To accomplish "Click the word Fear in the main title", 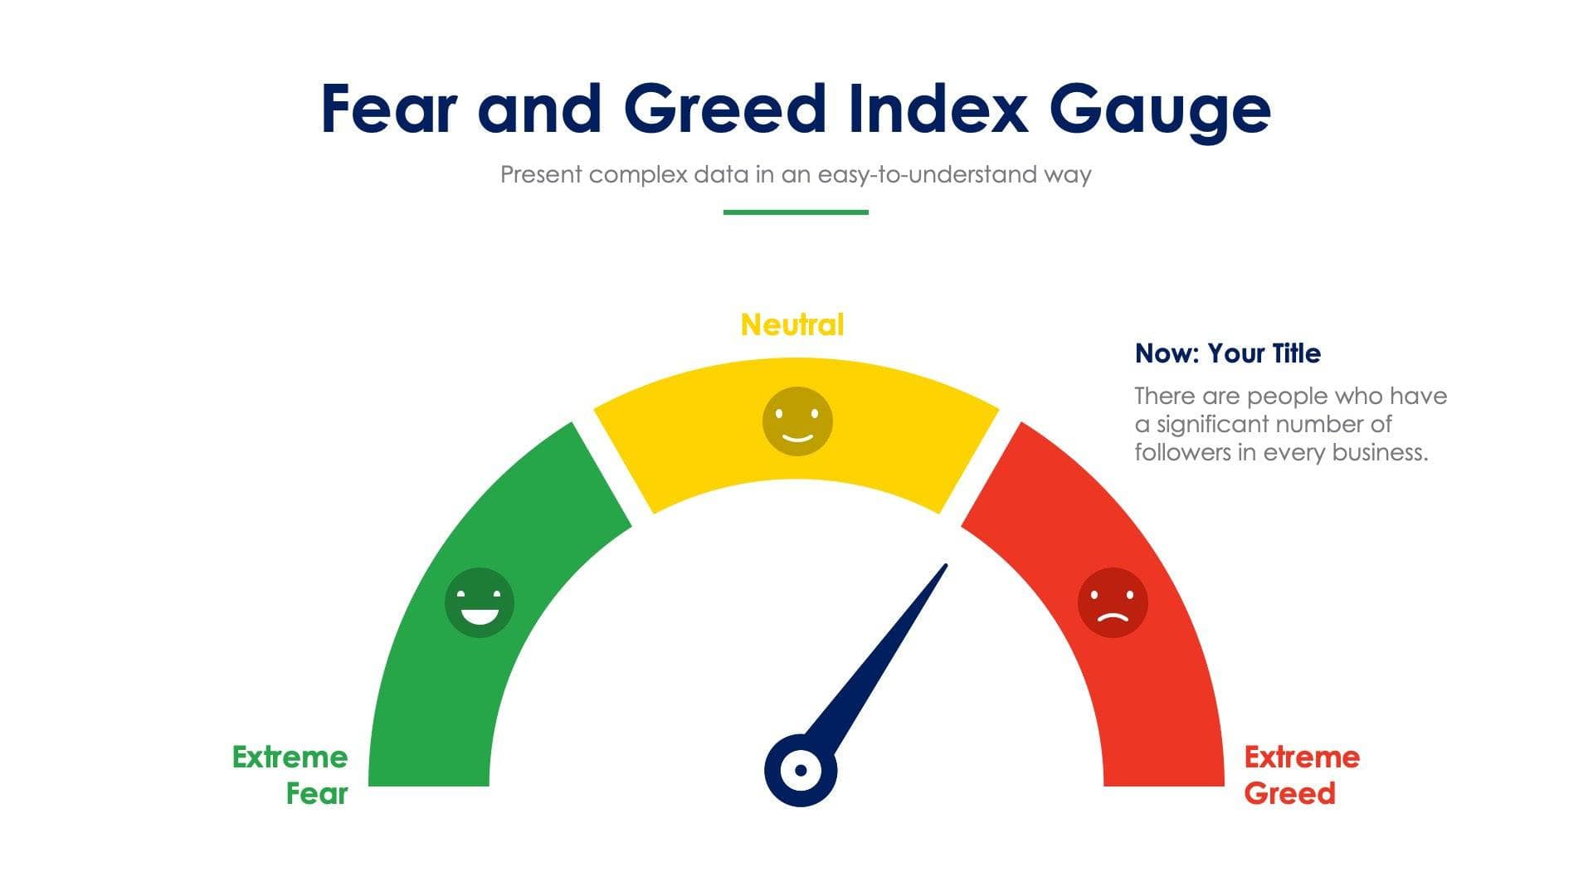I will pos(388,109).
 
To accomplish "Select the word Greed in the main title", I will pos(724,109).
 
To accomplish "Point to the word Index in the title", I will pos(938,109).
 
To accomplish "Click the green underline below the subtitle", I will pos(796,212).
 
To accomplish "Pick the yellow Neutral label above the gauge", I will pos(792,324).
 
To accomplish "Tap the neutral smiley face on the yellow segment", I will pos(797,421).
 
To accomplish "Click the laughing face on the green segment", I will pos(480,602).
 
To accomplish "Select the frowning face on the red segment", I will pos(1113,602).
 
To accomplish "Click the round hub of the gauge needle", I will pos(801,770).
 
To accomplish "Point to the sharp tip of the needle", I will pos(944,567).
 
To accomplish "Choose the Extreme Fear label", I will pos(290,775).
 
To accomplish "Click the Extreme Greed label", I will pos(1301,775).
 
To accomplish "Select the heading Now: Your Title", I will pos(1228,353).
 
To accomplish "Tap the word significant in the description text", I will pos(1212,424).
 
